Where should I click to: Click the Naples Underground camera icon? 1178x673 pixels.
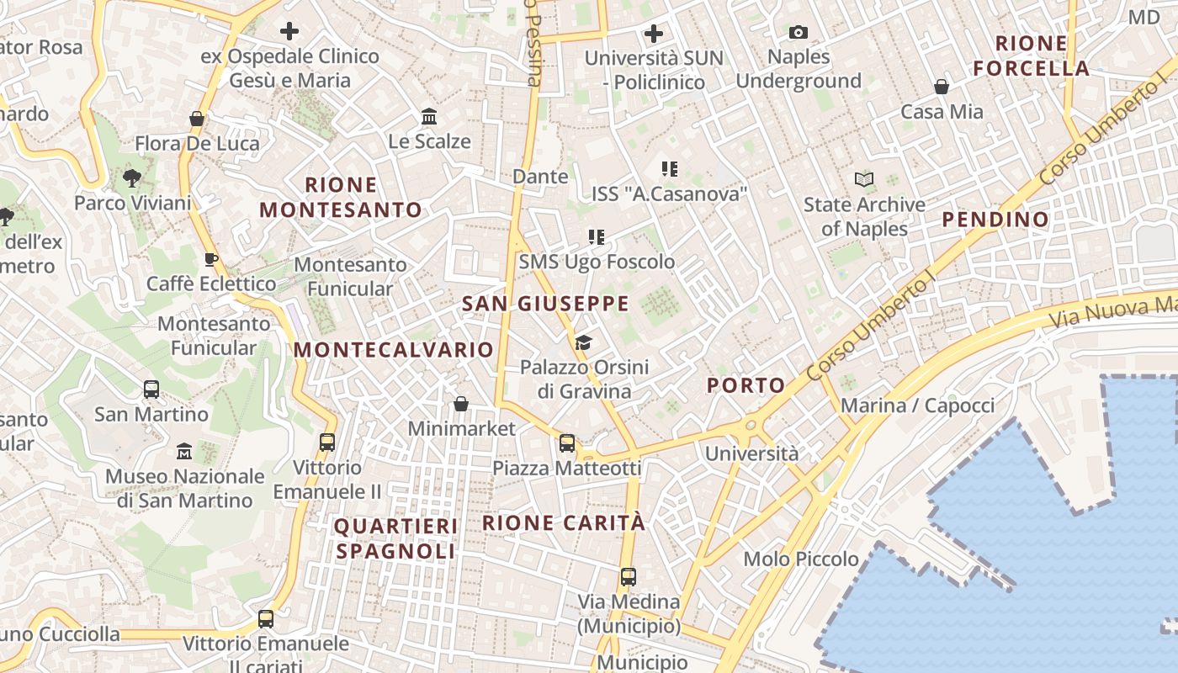point(798,33)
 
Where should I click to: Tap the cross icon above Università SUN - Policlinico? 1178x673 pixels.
point(654,34)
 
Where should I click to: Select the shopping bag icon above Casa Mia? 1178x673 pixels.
point(942,87)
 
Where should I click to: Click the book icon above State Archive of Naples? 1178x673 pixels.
point(864,179)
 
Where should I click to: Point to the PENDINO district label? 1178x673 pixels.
point(995,220)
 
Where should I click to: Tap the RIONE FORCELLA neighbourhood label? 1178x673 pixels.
point(1031,56)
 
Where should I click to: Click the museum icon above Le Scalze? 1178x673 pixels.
point(429,116)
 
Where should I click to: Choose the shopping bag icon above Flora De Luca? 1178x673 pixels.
point(197,119)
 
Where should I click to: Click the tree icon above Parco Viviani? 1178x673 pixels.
point(131,178)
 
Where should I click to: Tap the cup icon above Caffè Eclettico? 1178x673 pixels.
point(211,259)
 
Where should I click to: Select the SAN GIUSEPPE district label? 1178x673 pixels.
point(545,304)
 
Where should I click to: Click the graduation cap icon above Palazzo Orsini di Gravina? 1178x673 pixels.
point(583,342)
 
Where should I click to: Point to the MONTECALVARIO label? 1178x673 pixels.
point(394,350)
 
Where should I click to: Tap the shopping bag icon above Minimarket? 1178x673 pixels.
point(461,404)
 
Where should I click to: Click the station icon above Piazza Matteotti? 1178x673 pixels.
point(567,443)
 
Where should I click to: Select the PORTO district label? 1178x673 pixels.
point(746,385)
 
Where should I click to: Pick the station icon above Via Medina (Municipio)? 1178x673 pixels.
point(629,577)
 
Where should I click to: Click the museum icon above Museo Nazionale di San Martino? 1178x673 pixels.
point(184,452)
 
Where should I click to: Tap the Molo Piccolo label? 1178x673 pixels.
point(801,559)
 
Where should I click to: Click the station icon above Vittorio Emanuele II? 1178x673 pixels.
point(327,442)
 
